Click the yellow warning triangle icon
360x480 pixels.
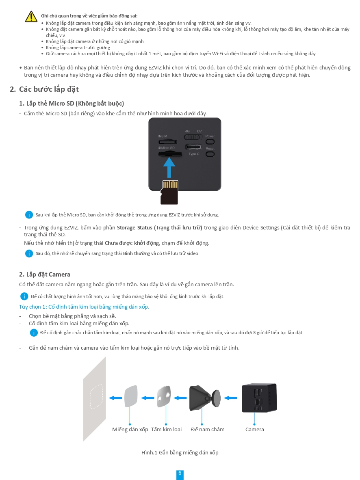(x=31, y=16)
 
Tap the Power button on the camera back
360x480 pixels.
(x=210, y=142)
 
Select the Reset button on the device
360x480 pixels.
(x=210, y=154)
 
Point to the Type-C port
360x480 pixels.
(x=193, y=147)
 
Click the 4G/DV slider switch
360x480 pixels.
(x=193, y=137)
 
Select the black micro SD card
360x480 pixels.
(x=169, y=192)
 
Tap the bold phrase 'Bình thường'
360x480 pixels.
(x=137, y=253)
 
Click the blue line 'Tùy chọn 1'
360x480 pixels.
(x=84, y=307)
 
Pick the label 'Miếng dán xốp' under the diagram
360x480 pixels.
(x=130, y=429)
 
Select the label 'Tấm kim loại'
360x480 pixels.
(x=166, y=429)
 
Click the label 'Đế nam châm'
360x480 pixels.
(x=208, y=429)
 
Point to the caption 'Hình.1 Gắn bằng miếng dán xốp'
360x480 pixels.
(x=180, y=452)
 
